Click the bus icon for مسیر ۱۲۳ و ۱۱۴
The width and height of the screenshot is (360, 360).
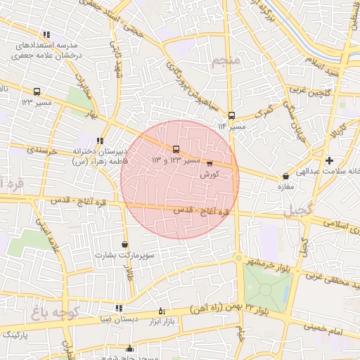(x=176, y=149)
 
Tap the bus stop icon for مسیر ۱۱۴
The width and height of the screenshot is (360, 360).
(x=232, y=116)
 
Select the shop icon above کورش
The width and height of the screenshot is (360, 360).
(x=210, y=163)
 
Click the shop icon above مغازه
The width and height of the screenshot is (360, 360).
(x=285, y=176)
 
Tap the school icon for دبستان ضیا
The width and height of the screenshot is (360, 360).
(x=118, y=308)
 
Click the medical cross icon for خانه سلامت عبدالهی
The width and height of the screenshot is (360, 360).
(x=329, y=160)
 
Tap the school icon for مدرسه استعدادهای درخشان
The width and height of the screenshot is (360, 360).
(x=46, y=34)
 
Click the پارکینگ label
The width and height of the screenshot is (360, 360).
(x=14, y=337)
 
